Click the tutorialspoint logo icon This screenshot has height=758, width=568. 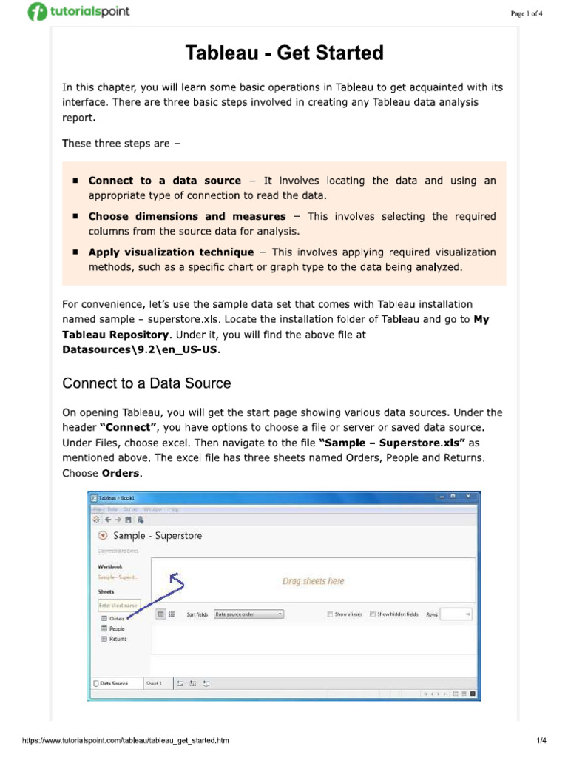[37, 13]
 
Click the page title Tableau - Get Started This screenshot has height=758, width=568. [284, 53]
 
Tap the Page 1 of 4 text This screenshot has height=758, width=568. [527, 14]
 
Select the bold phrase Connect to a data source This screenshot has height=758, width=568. [164, 181]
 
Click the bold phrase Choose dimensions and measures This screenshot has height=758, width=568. [186, 216]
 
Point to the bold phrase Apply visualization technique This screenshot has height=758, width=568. [171, 252]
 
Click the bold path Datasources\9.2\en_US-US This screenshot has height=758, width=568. [141, 350]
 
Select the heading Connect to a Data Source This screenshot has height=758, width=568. [146, 383]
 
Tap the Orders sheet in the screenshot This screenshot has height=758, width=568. [117, 618]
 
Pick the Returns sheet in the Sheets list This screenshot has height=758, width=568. [118, 639]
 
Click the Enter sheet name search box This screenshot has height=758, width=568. [118, 605]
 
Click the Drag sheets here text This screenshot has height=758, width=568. [313, 581]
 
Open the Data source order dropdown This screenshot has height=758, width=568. [248, 614]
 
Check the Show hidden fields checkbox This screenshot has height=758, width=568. [373, 614]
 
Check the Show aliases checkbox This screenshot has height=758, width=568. [330, 614]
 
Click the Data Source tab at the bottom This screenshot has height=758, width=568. [113, 683]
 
